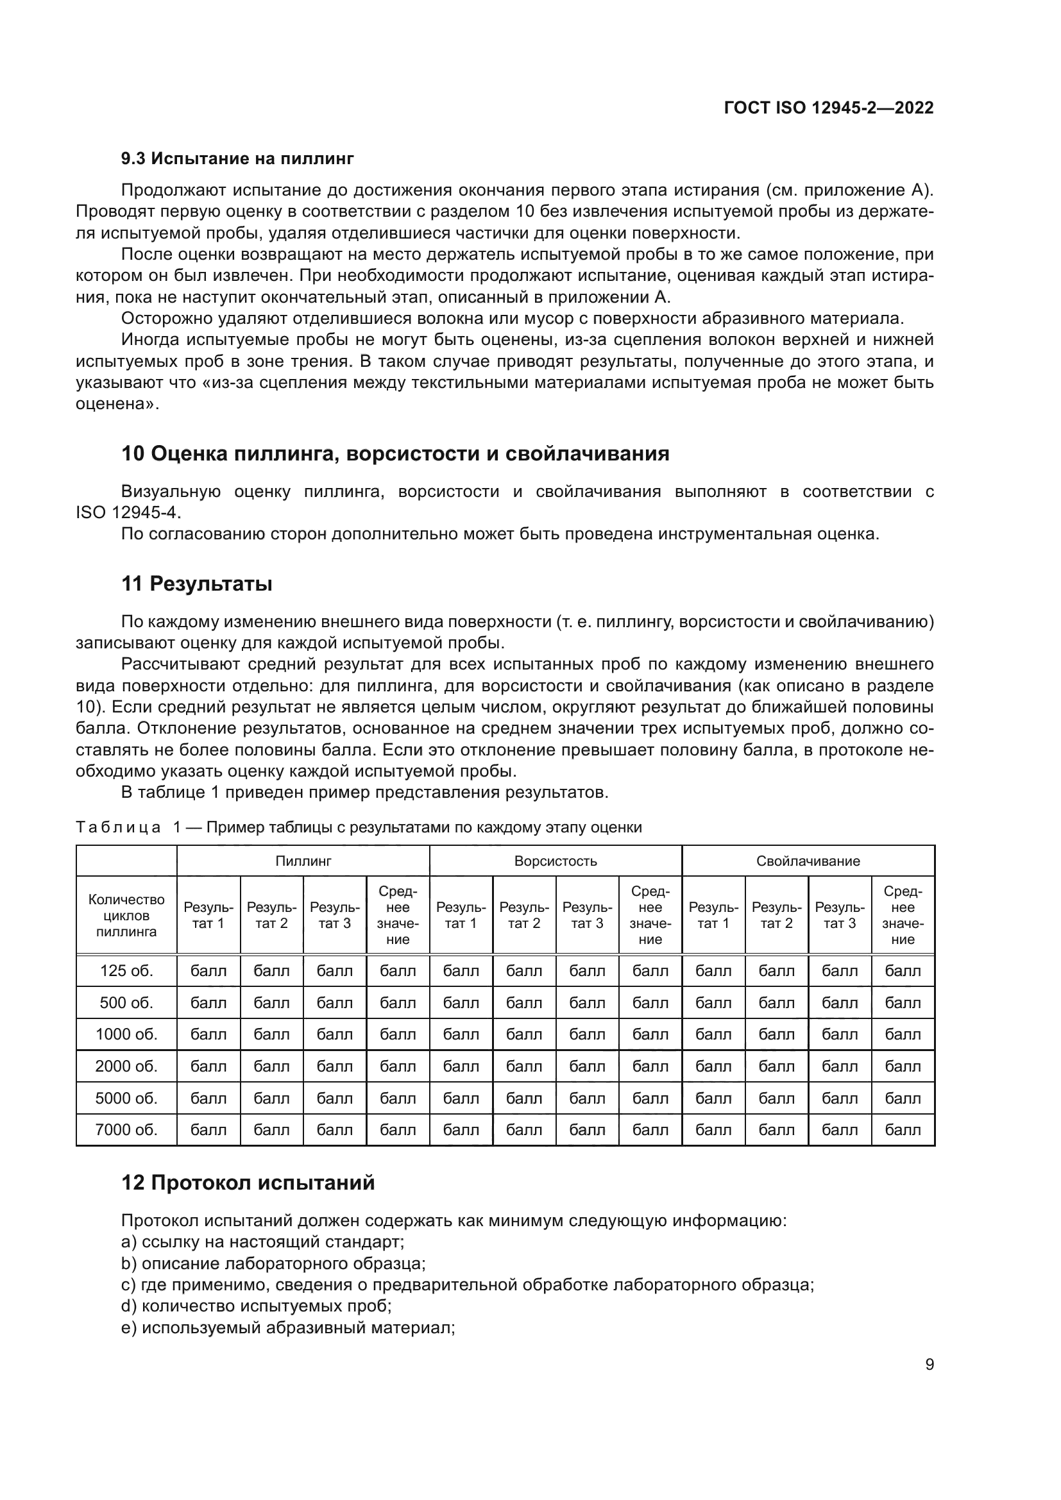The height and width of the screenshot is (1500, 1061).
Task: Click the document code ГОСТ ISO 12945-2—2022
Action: [828, 108]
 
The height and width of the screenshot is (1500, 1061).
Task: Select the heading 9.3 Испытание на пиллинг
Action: [237, 158]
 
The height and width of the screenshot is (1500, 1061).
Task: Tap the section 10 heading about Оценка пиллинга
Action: [395, 453]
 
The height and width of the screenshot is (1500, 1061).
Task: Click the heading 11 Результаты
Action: [197, 584]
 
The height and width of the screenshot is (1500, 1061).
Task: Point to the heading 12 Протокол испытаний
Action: [248, 1183]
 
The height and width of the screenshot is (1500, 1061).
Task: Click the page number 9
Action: [929, 1364]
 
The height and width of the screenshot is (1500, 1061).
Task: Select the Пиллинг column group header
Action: [303, 861]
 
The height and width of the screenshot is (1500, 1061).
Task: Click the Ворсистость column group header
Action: [556, 861]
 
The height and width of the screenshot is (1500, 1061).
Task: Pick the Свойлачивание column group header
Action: [808, 861]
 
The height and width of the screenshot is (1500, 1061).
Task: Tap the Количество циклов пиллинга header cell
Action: [126, 915]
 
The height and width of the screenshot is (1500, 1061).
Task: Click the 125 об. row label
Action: [126, 971]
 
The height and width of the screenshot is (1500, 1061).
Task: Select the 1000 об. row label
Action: [126, 1034]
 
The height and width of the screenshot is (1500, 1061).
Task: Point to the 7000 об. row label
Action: [126, 1129]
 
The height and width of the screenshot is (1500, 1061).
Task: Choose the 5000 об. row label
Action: [126, 1098]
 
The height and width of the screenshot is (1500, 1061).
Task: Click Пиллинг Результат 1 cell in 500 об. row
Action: [208, 1003]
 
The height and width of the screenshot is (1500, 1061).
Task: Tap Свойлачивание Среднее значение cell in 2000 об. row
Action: [903, 1066]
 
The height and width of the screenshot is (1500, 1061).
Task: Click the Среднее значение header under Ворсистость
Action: [650, 915]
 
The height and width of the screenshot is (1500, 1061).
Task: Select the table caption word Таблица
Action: [118, 827]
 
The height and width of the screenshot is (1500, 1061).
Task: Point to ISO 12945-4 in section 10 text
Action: [128, 513]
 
